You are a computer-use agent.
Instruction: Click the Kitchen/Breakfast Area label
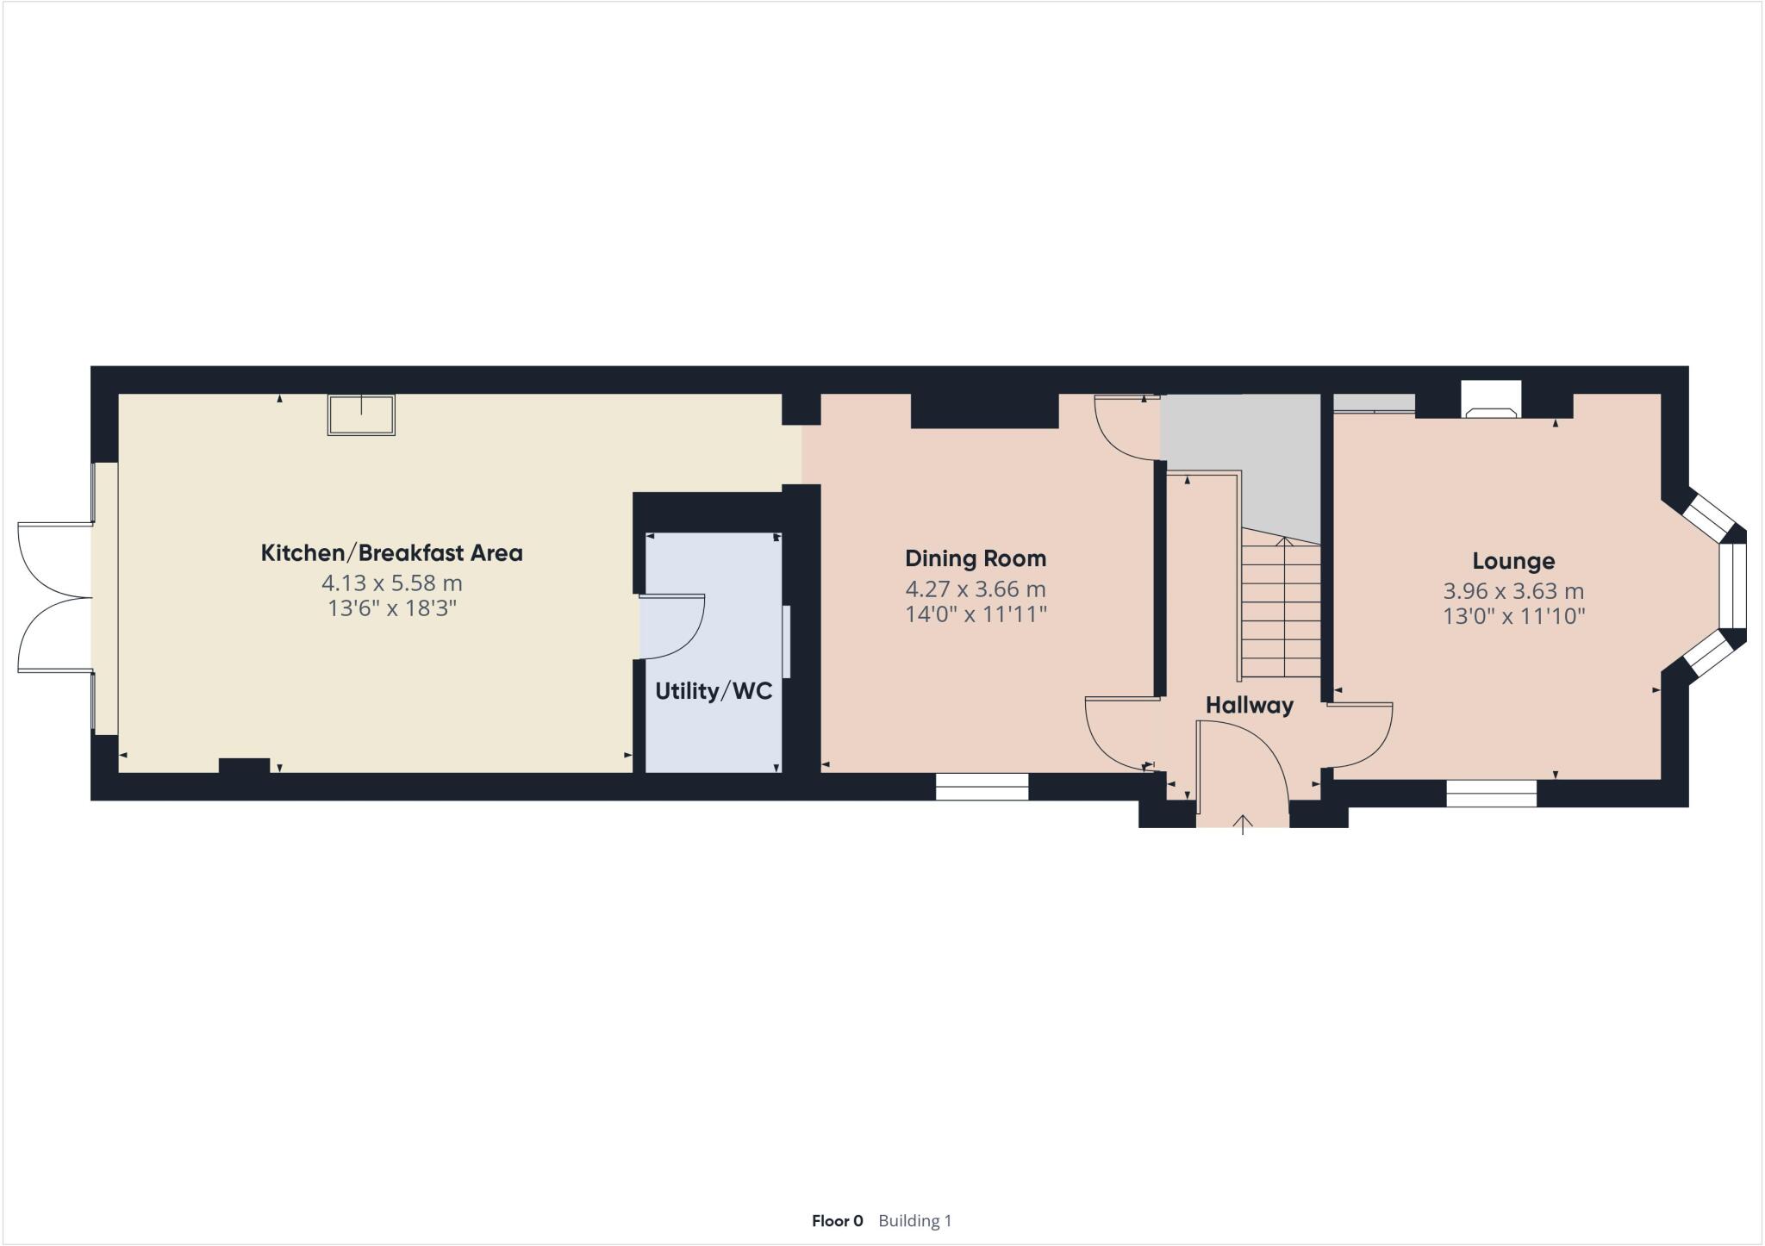tap(391, 553)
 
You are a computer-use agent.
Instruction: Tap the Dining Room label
tap(976, 558)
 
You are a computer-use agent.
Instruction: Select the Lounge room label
tap(1513, 561)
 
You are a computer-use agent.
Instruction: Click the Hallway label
tap(1249, 705)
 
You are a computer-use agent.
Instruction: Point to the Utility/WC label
tap(714, 691)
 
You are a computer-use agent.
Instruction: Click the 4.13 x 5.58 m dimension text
tap(391, 583)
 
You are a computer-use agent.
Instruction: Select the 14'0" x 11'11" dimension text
tap(976, 614)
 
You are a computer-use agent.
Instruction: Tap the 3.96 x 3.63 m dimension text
tap(1513, 591)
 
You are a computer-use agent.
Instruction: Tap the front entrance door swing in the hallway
tap(1241, 758)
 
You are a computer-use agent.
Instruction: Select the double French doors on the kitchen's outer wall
tap(53, 597)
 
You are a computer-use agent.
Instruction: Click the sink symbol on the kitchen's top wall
tap(361, 414)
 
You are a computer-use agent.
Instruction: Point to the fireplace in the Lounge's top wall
tap(1491, 402)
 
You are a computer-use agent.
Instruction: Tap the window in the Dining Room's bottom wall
tap(982, 787)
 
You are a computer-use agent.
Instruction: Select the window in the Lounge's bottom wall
tap(1491, 793)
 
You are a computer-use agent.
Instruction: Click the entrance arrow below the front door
tap(1242, 825)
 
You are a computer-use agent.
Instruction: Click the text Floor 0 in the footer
tap(837, 1220)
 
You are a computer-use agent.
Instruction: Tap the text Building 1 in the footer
tap(914, 1220)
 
